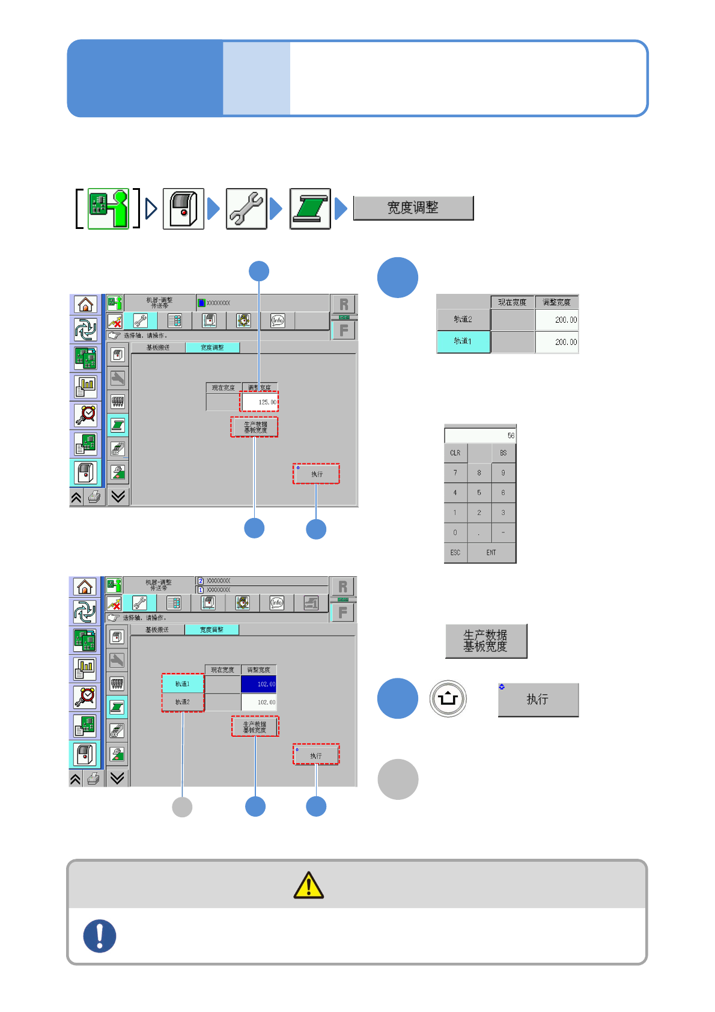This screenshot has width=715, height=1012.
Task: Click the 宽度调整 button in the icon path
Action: click(x=413, y=208)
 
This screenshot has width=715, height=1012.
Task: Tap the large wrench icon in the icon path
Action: click(x=246, y=209)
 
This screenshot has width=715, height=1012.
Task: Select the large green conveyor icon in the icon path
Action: click(x=310, y=209)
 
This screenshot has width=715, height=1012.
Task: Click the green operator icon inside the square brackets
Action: click(x=108, y=209)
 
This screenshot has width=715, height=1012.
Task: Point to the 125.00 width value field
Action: click(x=260, y=402)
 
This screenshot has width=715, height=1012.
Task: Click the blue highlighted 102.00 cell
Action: click(x=259, y=684)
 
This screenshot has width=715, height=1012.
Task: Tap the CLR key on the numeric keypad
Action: click(x=455, y=453)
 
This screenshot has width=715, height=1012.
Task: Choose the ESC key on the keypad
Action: click(x=455, y=553)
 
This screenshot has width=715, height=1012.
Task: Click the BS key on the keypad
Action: click(x=504, y=453)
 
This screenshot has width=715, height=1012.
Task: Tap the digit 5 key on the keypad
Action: click(x=479, y=493)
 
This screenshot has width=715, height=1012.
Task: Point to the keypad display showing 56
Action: click(x=480, y=435)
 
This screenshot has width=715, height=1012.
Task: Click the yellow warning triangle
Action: click(x=309, y=885)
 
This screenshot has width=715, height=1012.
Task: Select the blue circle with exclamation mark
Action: click(x=100, y=936)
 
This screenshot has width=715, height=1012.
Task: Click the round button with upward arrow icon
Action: click(x=448, y=699)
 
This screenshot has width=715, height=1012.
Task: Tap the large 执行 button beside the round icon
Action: click(x=538, y=700)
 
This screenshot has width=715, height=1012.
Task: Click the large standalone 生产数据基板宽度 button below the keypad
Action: click(x=485, y=641)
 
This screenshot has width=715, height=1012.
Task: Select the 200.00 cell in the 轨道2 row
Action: click(x=556, y=320)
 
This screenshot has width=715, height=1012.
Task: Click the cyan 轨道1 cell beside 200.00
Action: click(x=463, y=341)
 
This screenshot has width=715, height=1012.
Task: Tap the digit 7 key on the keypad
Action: click(x=455, y=473)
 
